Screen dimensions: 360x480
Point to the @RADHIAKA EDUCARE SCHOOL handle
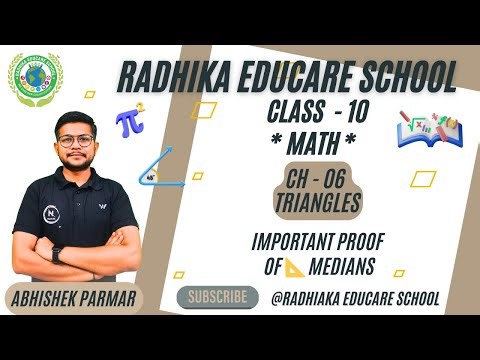[355, 299]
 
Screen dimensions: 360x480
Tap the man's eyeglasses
[76, 141]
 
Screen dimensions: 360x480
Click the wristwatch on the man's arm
[57, 254]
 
